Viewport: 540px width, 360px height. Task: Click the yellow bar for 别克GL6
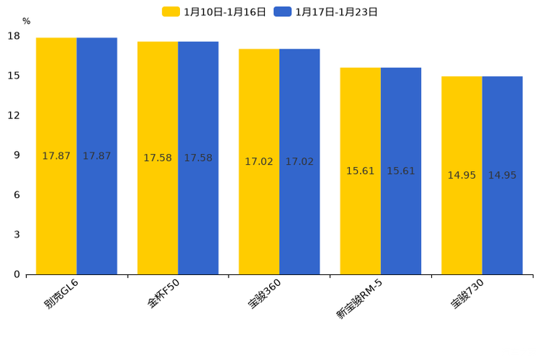57,156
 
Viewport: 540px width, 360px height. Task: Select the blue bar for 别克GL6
97,156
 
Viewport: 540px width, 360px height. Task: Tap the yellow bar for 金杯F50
157,158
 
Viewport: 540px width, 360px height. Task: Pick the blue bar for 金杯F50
198,158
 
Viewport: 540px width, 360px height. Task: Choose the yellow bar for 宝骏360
259,162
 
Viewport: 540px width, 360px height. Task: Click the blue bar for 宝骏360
299,162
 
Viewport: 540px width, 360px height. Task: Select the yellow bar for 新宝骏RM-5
360,171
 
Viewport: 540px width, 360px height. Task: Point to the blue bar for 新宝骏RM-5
401,171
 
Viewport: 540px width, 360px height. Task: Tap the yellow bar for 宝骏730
462,176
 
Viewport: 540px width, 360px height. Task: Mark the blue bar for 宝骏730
502,176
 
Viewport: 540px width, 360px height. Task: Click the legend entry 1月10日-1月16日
216,12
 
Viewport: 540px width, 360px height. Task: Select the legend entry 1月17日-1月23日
327,12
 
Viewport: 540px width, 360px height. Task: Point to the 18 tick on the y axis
14,36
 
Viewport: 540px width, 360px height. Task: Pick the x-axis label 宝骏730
467,293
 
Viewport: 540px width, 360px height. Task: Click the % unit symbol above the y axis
26,22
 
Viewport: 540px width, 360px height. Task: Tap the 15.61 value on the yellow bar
360,171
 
